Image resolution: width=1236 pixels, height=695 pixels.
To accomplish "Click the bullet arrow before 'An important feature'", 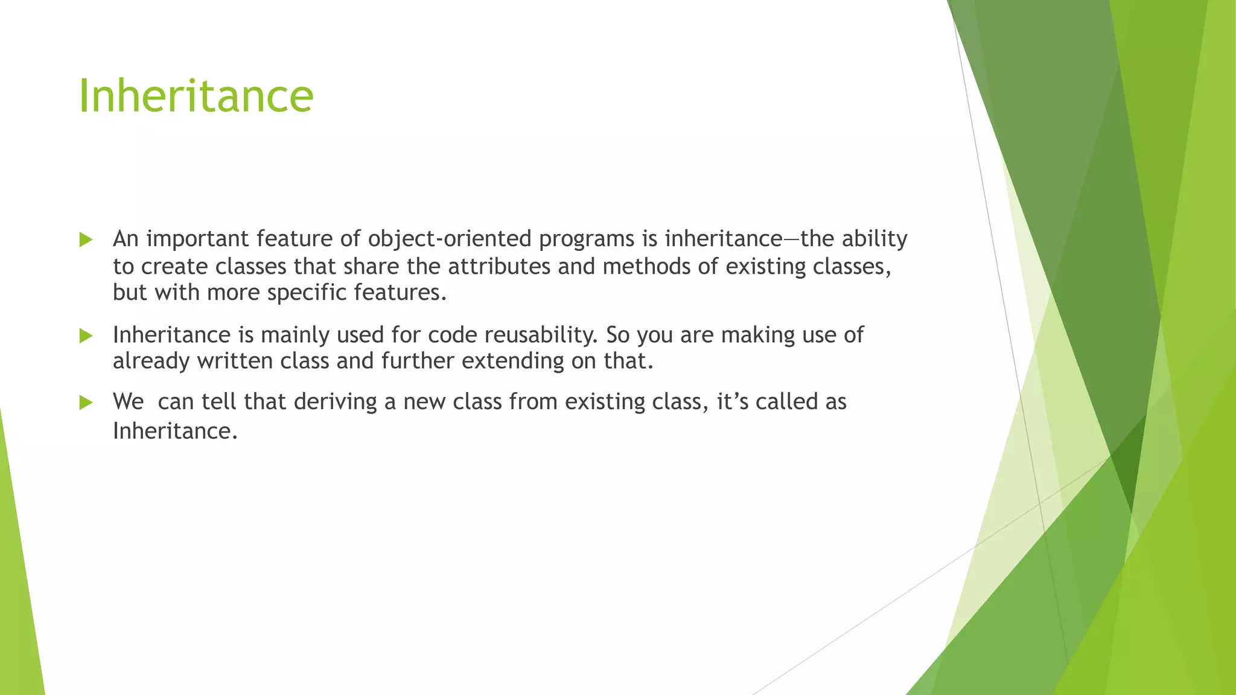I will click(86, 240).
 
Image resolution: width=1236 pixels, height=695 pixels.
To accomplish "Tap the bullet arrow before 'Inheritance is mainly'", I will click(86, 335).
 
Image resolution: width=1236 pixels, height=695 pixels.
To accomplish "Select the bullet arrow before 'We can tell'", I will click(86, 402).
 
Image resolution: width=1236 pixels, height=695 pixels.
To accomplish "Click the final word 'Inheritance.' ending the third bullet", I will click(175, 431).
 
